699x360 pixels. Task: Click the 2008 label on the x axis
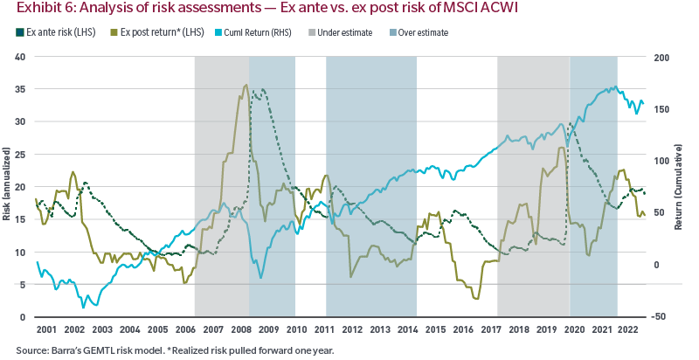(241, 329)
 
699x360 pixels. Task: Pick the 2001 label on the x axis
(48, 329)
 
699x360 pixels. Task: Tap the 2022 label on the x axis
(626, 329)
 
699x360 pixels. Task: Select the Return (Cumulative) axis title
(680, 187)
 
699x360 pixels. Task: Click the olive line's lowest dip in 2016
(476, 299)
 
